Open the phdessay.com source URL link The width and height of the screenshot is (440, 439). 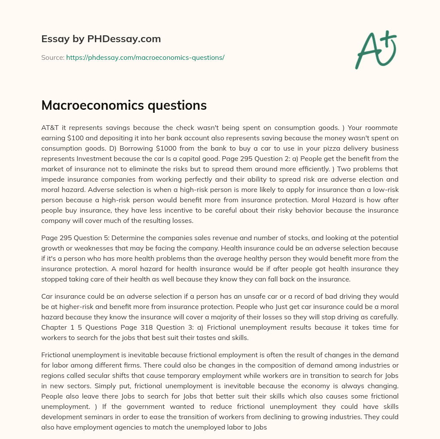point(145,57)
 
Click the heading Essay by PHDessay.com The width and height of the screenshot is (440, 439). point(101,39)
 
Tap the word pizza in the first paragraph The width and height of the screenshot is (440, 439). point(284,148)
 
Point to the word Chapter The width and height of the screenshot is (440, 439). point(54,327)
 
